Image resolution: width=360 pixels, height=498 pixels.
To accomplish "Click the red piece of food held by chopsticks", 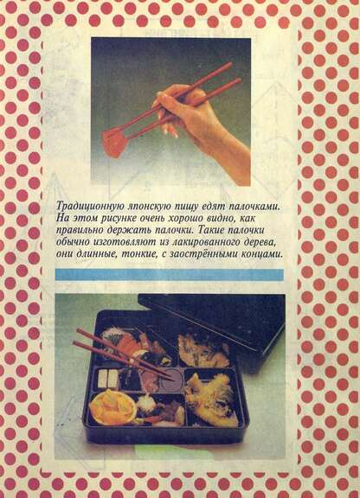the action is click(113, 144).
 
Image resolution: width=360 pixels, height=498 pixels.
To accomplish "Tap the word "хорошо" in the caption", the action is click(188, 218).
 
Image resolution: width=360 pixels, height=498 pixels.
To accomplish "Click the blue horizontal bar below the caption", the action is click(170, 274).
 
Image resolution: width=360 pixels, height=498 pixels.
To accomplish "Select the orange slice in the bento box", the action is click(112, 407).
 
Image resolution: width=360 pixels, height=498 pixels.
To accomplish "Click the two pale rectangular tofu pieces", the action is click(107, 379).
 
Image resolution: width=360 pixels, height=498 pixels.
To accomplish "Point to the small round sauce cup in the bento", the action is click(172, 380).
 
